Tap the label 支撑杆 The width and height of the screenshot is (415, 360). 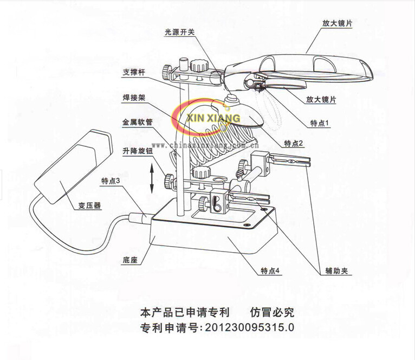point(134,71)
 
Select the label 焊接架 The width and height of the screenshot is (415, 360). point(134,98)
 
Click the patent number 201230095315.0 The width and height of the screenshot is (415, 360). point(247,327)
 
